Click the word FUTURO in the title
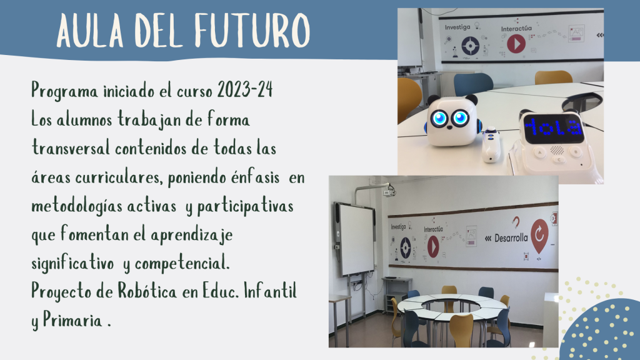pyautogui.click(x=252, y=30)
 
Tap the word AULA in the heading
pyautogui.click(x=90, y=30)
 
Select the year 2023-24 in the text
pyautogui.click(x=245, y=89)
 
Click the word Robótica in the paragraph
pyautogui.click(x=147, y=291)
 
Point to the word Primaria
pyautogui.click(x=72, y=319)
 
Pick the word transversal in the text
pyautogui.click(x=71, y=147)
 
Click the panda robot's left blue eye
pyautogui.click(x=439, y=118)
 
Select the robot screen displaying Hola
pyautogui.click(x=554, y=128)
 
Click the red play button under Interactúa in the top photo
pyautogui.click(x=516, y=44)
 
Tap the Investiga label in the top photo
pyautogui.click(x=457, y=27)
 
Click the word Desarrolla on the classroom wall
pyautogui.click(x=511, y=237)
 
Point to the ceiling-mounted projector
pyautogui.click(x=389, y=191)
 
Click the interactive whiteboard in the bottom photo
pyautogui.click(x=356, y=239)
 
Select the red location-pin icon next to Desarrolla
pyautogui.click(x=539, y=236)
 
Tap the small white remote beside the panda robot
pyautogui.click(x=491, y=145)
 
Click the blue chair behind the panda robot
pyautogui.click(x=473, y=84)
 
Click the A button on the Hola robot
pyautogui.click(x=539, y=152)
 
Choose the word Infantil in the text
pyautogui.click(x=270, y=291)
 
